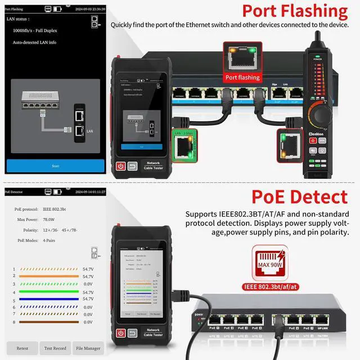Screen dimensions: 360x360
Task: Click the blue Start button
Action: (55, 166)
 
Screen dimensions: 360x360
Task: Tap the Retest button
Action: (22, 348)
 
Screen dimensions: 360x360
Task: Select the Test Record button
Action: (56, 348)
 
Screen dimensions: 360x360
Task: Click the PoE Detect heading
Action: (299, 197)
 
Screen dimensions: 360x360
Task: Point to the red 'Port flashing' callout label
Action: (242, 77)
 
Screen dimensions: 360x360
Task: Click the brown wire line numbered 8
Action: (49, 322)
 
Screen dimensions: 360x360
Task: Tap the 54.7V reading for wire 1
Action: (88, 269)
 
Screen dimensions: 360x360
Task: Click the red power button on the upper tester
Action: (120, 166)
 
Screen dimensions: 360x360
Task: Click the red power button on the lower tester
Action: (120, 333)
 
